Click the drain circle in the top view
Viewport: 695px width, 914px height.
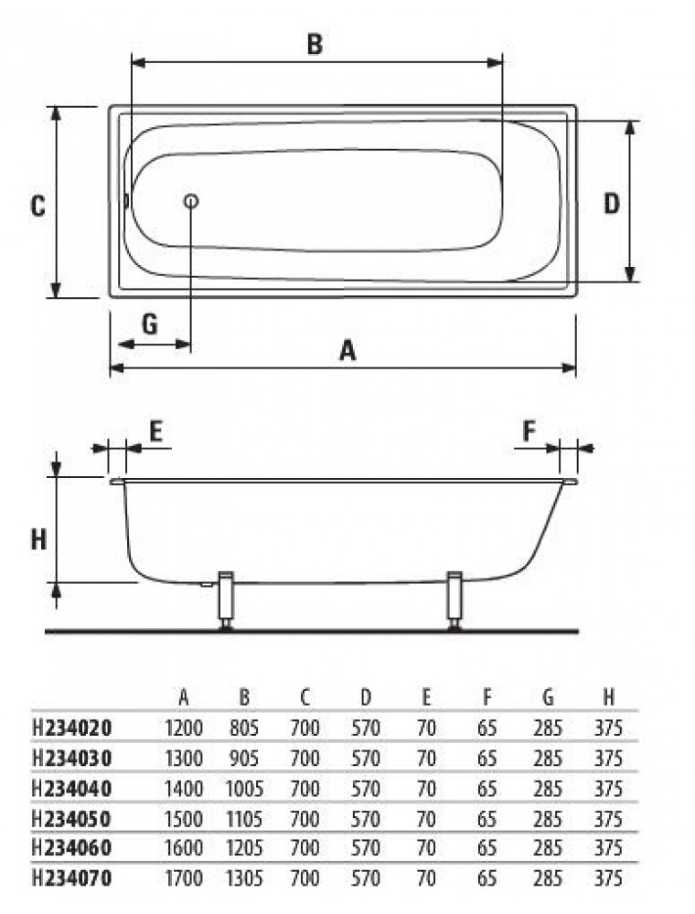coord(190,202)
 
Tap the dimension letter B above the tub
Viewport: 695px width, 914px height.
coord(315,44)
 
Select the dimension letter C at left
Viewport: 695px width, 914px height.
coord(37,206)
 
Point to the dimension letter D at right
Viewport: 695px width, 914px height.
coord(612,204)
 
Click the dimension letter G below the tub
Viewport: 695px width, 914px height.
coord(150,323)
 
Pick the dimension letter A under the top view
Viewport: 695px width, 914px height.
coord(347,351)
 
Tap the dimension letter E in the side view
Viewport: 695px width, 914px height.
coord(155,431)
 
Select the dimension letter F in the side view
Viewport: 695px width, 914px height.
coord(529,431)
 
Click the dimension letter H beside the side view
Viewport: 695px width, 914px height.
coord(38,540)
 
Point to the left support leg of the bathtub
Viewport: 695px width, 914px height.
coord(226,601)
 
